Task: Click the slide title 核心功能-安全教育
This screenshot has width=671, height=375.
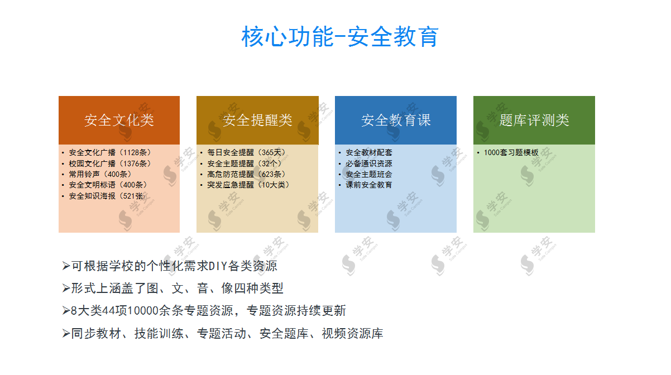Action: pyautogui.click(x=340, y=36)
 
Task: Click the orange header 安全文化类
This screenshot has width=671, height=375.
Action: pyautogui.click(x=119, y=120)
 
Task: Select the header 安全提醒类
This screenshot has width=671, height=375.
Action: pyautogui.click(x=257, y=120)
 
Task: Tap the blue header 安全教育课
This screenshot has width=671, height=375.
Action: pyautogui.click(x=396, y=120)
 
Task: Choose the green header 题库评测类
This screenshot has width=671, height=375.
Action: pyautogui.click(x=534, y=120)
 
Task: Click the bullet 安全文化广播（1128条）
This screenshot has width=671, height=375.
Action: pyautogui.click(x=110, y=152)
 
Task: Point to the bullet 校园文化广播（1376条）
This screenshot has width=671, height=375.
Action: pyautogui.click(x=110, y=164)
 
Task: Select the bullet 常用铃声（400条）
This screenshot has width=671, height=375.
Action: pyautogui.click(x=100, y=174)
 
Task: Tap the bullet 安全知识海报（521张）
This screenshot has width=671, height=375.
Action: pyautogui.click(x=108, y=196)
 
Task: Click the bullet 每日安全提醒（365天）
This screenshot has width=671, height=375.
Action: pyautogui.click(x=247, y=152)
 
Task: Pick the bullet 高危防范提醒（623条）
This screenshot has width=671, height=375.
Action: pyautogui.click(x=247, y=174)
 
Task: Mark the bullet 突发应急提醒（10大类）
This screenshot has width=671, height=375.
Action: pyautogui.click(x=248, y=185)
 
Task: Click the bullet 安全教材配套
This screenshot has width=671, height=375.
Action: pyautogui.click(x=369, y=152)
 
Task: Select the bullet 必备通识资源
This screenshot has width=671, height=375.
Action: pyautogui.click(x=369, y=164)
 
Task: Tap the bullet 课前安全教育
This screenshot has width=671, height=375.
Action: pyautogui.click(x=369, y=185)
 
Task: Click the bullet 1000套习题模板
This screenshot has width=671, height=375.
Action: pyautogui.click(x=511, y=152)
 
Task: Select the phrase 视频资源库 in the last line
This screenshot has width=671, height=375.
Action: pyautogui.click(x=352, y=333)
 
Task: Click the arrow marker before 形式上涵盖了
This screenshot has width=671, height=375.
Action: pyautogui.click(x=66, y=288)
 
